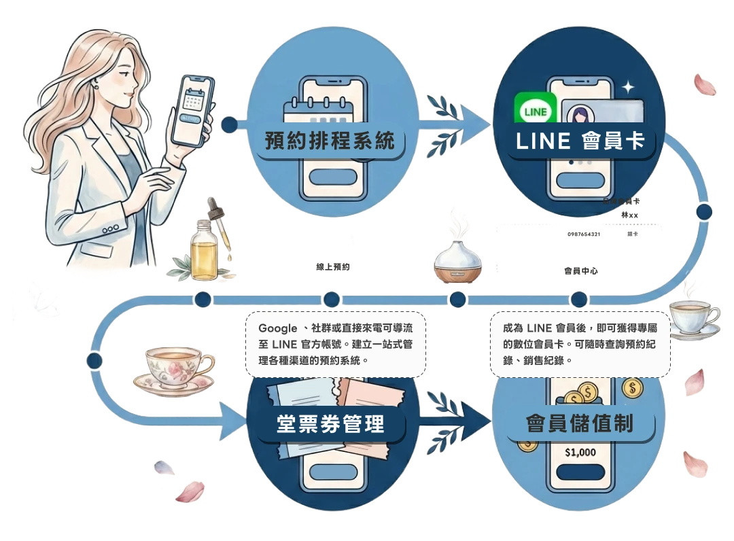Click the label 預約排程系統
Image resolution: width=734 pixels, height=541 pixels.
click(x=330, y=142)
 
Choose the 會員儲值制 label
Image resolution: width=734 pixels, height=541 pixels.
click(x=580, y=425)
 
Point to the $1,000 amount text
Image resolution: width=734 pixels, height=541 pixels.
click(x=580, y=452)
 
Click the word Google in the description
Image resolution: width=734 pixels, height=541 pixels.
click(x=268, y=328)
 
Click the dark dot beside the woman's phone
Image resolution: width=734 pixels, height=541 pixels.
click(x=229, y=124)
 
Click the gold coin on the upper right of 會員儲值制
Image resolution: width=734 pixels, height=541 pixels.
click(x=633, y=389)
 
